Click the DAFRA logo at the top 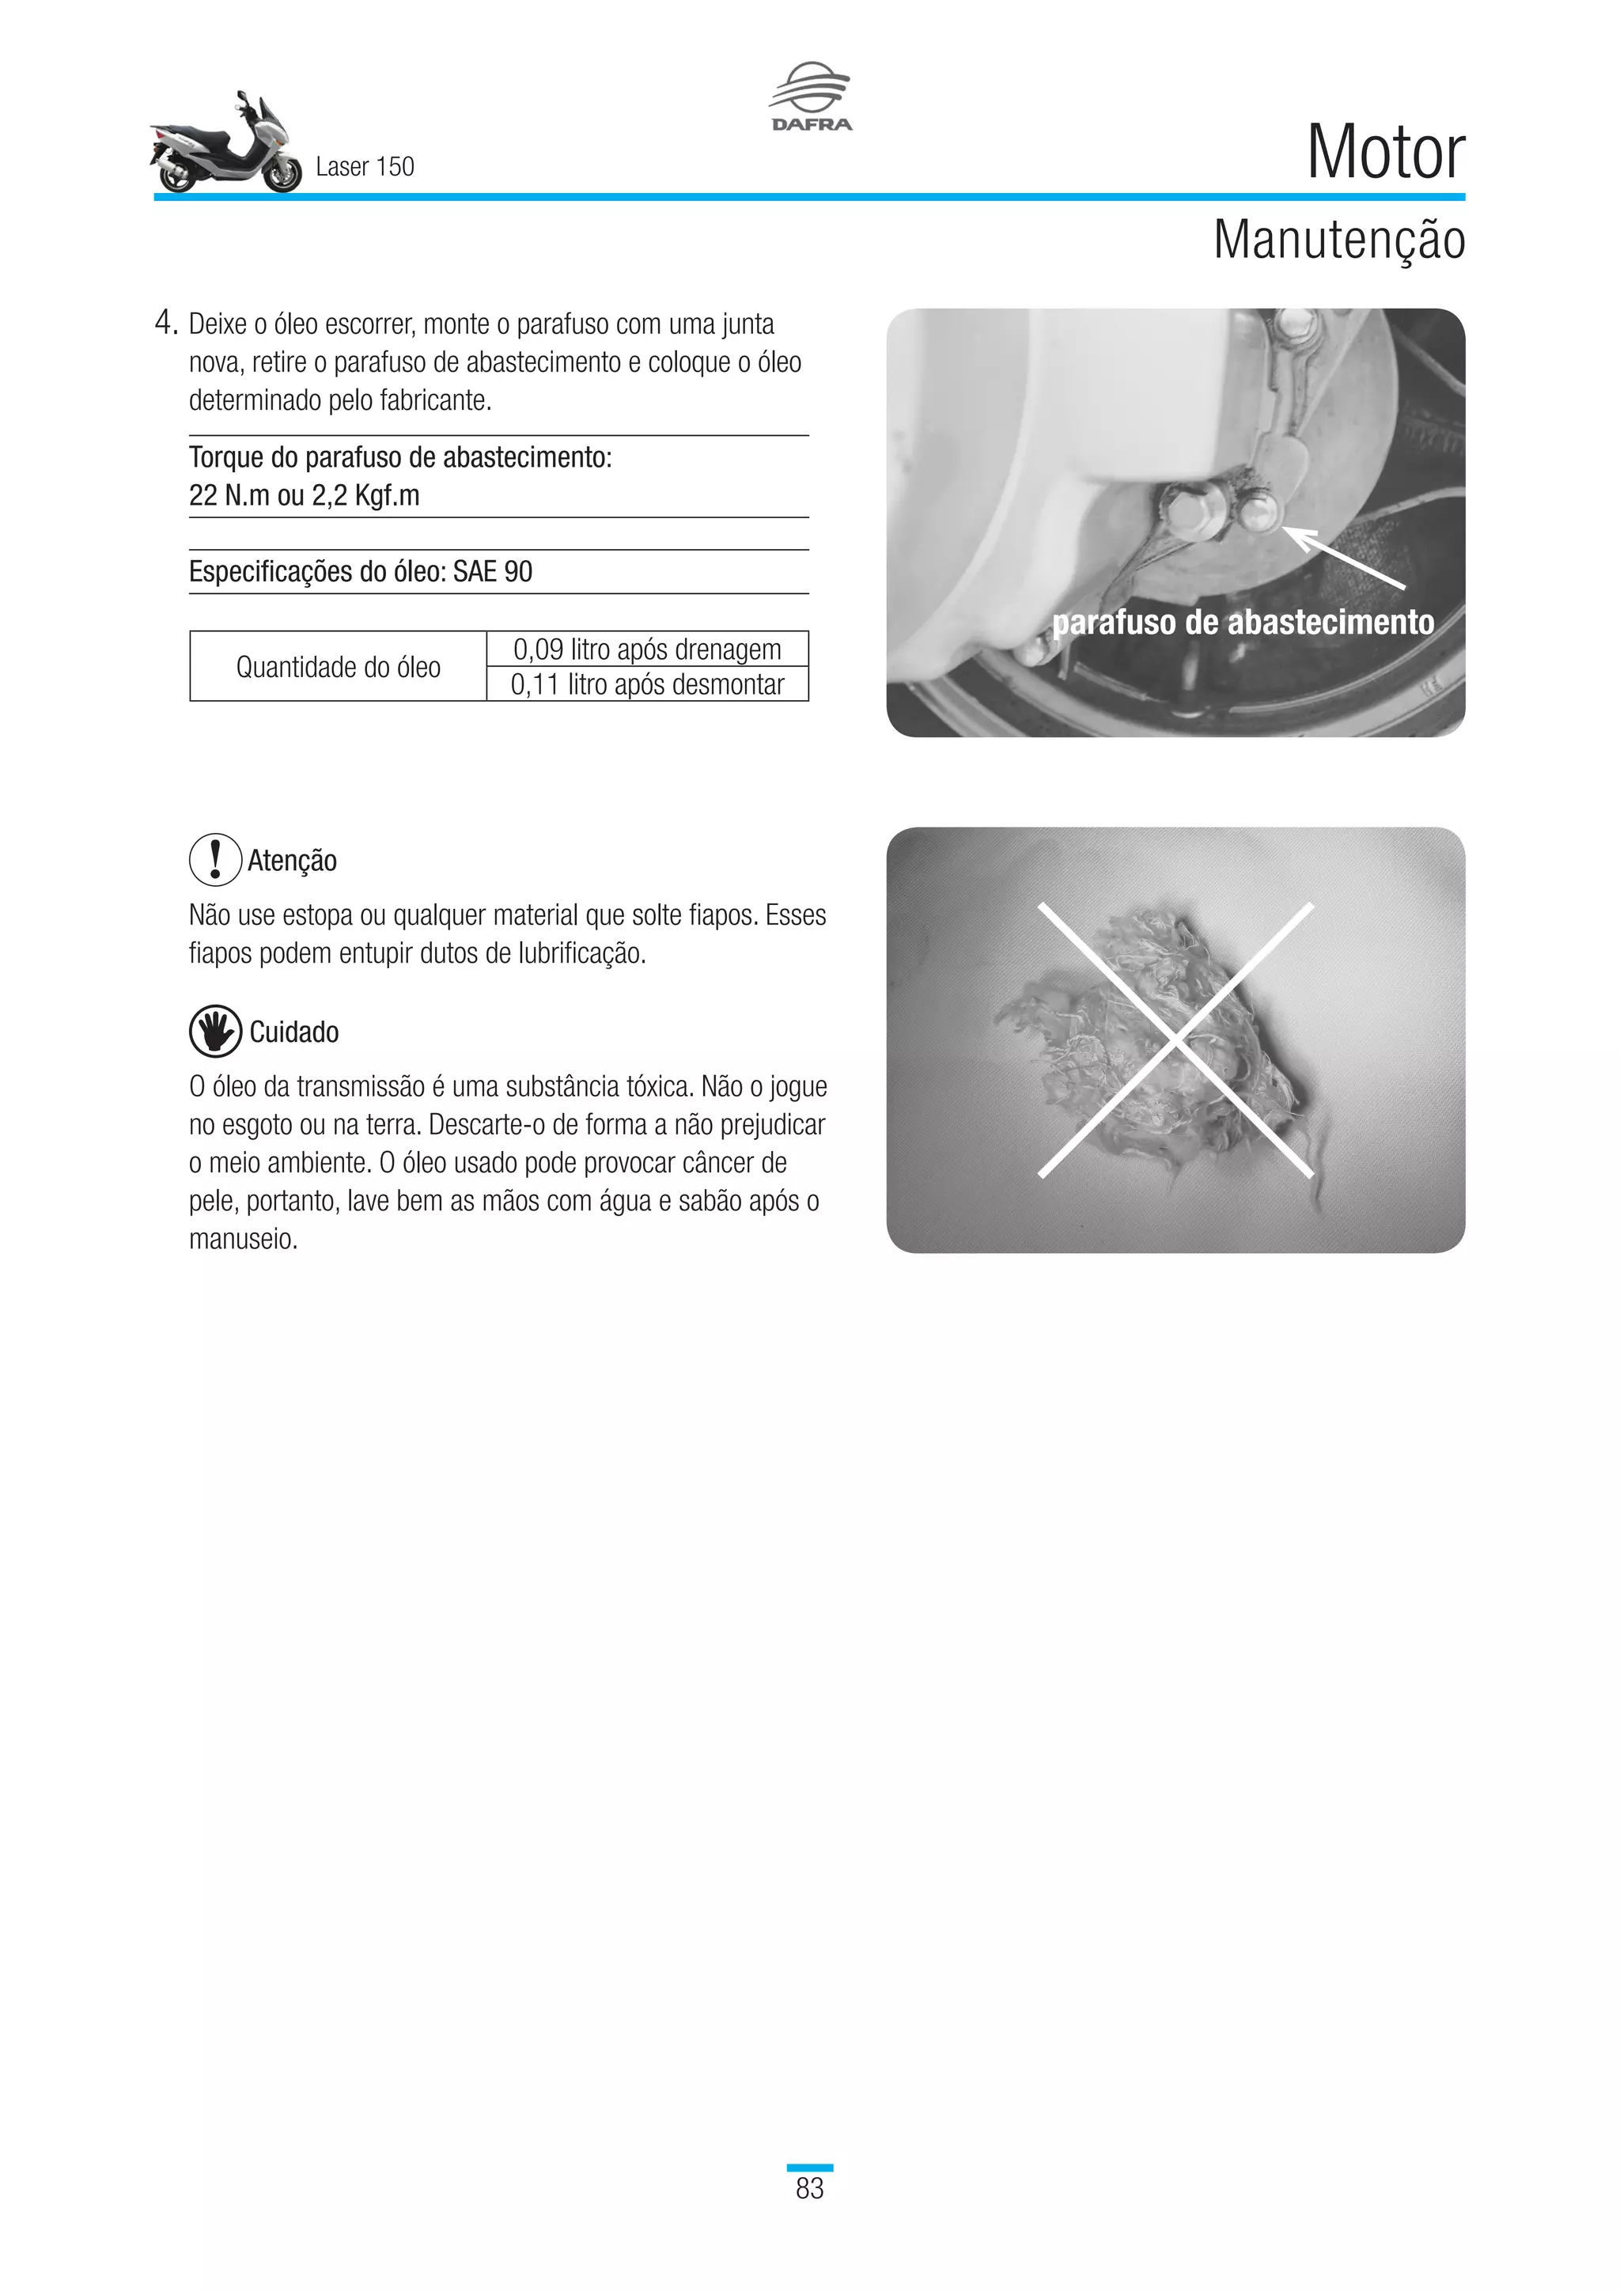click(x=810, y=97)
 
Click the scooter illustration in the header click(x=226, y=146)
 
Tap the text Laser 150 click(x=364, y=167)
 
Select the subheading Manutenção click(x=1338, y=240)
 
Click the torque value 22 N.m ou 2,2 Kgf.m click(x=305, y=496)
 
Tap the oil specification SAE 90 click(x=492, y=572)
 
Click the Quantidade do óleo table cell click(x=339, y=667)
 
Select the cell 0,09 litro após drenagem click(x=646, y=649)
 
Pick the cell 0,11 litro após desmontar click(x=646, y=684)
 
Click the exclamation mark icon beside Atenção click(x=215, y=859)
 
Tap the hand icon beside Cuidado click(x=215, y=1031)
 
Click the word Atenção click(x=292, y=860)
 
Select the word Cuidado click(x=294, y=1032)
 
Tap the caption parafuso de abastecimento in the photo click(x=1242, y=623)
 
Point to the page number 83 click(x=809, y=2188)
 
